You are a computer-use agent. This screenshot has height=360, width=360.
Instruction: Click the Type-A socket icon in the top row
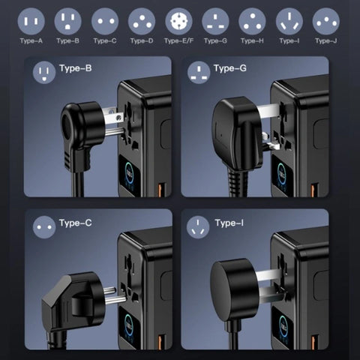pyautogui.click(x=31, y=21)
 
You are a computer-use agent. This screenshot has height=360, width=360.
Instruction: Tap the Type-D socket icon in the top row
pyautogui.click(x=142, y=21)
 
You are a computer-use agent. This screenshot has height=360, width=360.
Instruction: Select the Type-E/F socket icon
pyautogui.click(x=178, y=21)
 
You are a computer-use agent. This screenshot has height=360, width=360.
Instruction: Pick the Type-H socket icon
pyautogui.click(x=252, y=21)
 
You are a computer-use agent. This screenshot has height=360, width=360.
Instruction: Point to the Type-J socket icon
pyautogui.click(x=326, y=21)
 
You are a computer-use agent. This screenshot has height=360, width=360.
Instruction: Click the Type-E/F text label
pyautogui.click(x=178, y=40)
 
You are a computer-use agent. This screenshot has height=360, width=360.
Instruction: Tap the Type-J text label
pyautogui.click(x=326, y=40)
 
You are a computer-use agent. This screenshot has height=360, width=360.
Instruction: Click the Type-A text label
pyautogui.click(x=31, y=40)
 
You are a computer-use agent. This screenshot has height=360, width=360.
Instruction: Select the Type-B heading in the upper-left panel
pyautogui.click(x=76, y=68)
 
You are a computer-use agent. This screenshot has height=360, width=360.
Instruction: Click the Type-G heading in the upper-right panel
pyautogui.click(x=230, y=68)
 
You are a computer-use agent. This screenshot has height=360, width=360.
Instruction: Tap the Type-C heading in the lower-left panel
pyautogui.click(x=76, y=223)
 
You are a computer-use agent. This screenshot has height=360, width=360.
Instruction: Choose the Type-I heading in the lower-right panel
pyautogui.click(x=229, y=223)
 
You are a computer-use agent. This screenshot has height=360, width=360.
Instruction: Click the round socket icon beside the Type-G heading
pyautogui.click(x=199, y=73)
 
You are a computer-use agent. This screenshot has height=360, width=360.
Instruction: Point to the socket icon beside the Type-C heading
pyautogui.click(x=44, y=227)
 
